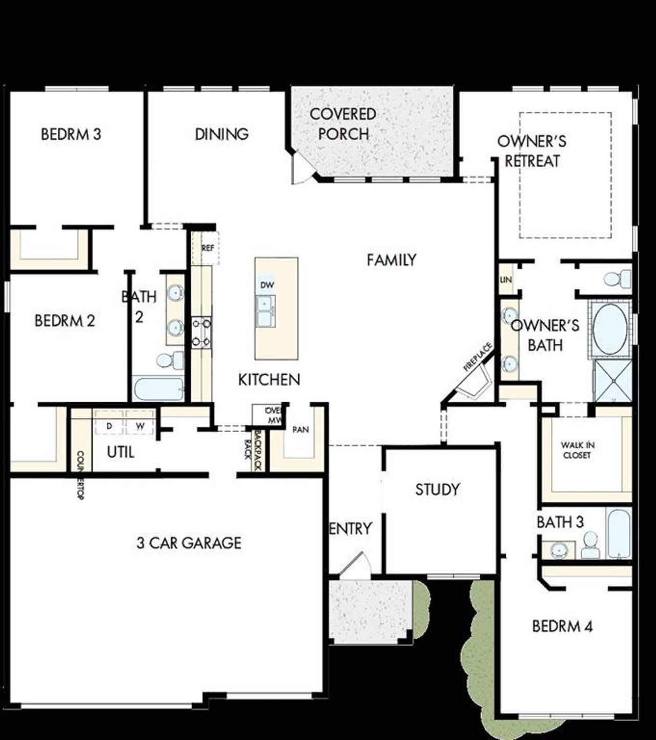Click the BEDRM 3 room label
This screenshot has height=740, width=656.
pos(71,134)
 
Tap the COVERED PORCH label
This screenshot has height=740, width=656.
pos(343,124)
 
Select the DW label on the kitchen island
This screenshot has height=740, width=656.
pos(267,285)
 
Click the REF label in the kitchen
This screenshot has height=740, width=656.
pos(208,248)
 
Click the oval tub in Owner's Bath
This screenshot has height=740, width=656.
pos(610,329)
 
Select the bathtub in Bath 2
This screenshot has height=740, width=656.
pos(159,389)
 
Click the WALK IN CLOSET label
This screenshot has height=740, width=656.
pos(577,450)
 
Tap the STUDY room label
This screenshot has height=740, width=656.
pos(437,489)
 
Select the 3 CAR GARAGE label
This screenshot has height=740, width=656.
pos(189,543)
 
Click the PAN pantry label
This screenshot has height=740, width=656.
pos(300,429)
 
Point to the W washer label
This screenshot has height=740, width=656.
pos(140,426)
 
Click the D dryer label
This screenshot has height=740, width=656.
pos(109,426)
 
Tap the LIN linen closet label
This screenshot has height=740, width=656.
pos(506,280)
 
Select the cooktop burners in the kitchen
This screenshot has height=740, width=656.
pos(201,333)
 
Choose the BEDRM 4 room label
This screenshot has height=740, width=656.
pos(562,626)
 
